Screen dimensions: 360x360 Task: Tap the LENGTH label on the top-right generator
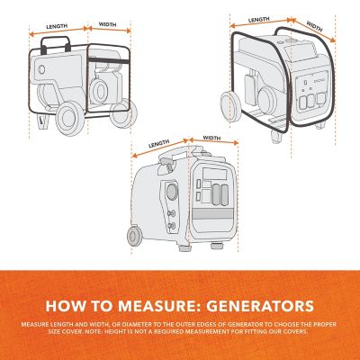pos(258,19)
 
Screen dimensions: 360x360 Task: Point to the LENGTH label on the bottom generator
pos(159,141)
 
